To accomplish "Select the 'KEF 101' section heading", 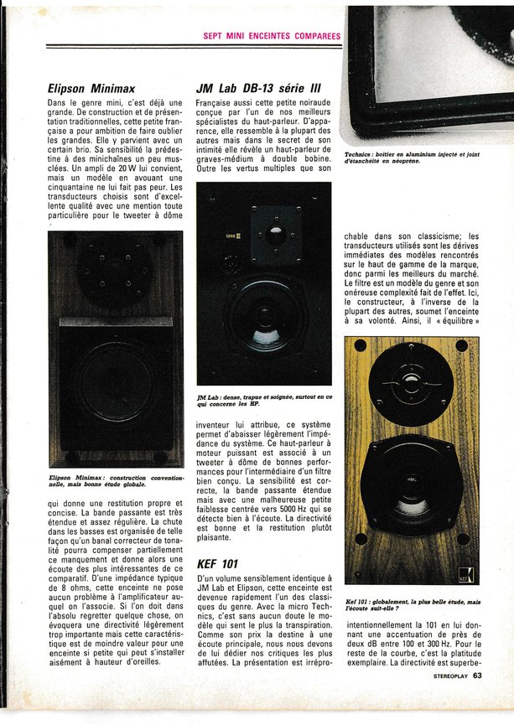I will (x=220, y=562).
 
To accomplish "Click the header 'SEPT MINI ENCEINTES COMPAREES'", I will (x=272, y=36).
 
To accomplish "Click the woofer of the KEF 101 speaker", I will (x=410, y=484).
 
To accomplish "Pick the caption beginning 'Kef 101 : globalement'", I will (x=413, y=605).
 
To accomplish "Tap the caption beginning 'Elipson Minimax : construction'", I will (x=109, y=479).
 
